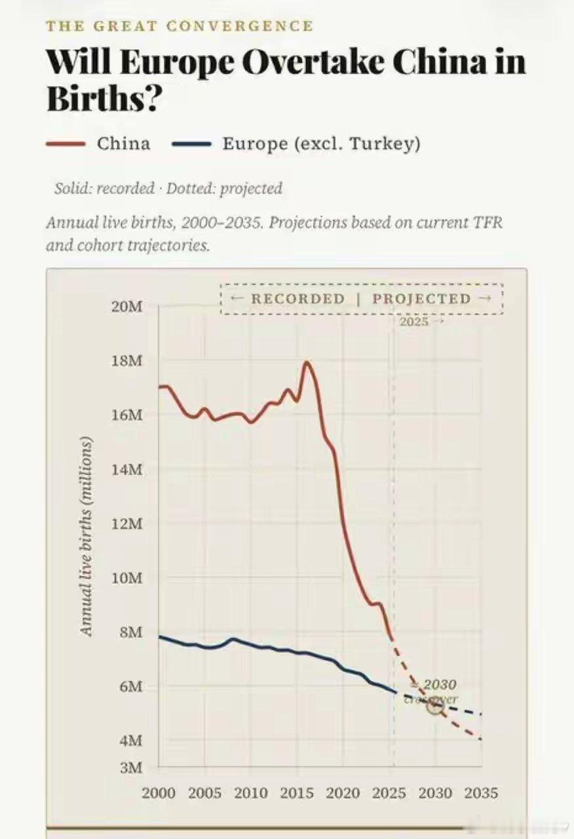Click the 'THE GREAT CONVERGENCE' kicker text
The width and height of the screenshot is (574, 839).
click(x=179, y=26)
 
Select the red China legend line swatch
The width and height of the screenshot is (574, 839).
click(x=65, y=144)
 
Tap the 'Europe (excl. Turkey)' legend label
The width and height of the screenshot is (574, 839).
click(x=321, y=144)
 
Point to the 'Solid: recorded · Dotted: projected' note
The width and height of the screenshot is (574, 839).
click(x=168, y=189)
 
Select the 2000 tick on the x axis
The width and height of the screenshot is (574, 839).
click(x=159, y=793)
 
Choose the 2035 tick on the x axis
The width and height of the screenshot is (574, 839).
click(x=482, y=793)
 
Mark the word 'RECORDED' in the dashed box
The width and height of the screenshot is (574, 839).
click(x=298, y=299)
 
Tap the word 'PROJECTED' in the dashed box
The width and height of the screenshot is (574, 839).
click(x=421, y=299)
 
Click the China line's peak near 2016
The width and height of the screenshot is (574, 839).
click(x=306, y=362)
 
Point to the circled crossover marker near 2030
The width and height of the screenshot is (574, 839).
click(x=435, y=705)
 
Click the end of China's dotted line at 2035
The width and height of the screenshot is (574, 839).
click(x=482, y=739)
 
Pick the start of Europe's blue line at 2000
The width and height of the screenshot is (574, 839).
click(x=160, y=636)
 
